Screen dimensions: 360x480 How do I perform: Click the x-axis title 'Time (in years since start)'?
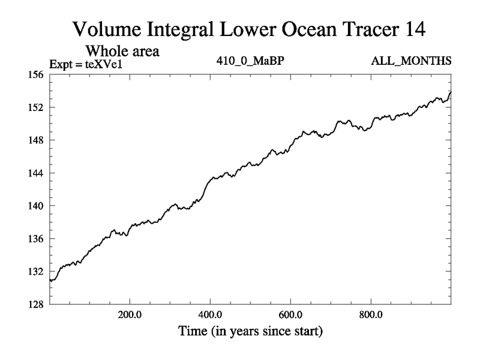(250, 330)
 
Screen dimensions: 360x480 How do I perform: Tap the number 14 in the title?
(416, 29)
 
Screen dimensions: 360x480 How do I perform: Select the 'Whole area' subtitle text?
(123, 51)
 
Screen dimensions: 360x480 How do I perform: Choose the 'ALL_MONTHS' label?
(420, 61)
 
